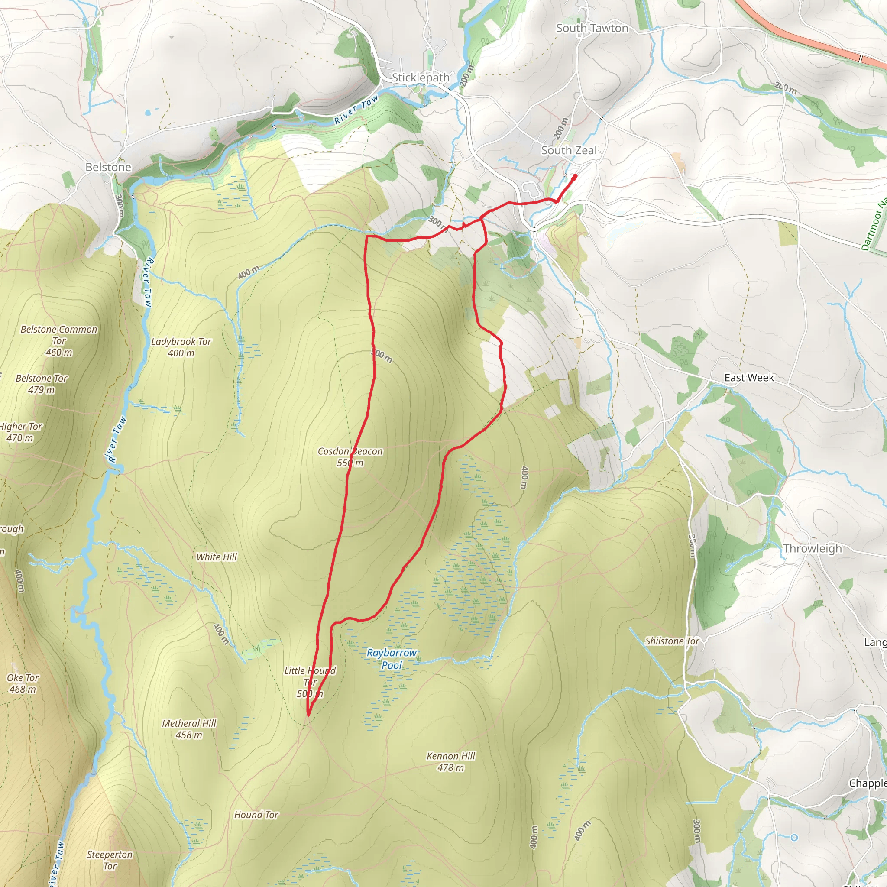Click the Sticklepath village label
(x=420, y=78)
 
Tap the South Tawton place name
(x=592, y=28)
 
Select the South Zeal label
(x=568, y=150)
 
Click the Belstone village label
(x=108, y=167)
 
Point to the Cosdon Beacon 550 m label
(x=350, y=457)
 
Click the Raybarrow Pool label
(x=392, y=659)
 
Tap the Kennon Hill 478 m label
(x=450, y=762)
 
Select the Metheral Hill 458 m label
(x=189, y=729)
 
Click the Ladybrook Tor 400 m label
(x=181, y=347)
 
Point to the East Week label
(x=749, y=377)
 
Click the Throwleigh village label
(x=812, y=549)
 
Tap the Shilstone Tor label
(x=672, y=641)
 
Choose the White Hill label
(x=216, y=557)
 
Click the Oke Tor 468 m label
(x=23, y=683)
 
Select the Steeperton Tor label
(x=110, y=861)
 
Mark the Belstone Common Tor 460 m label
(x=59, y=341)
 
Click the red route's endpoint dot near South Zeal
(x=575, y=175)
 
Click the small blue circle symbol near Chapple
(x=794, y=838)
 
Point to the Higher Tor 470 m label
(x=21, y=432)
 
